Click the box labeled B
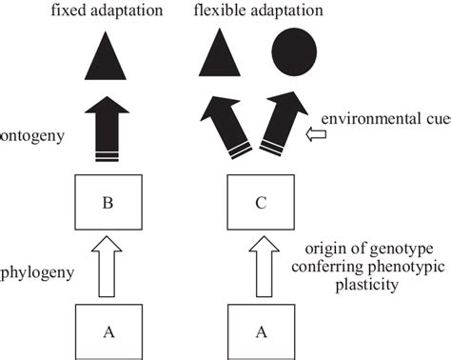(108, 201)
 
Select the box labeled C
(262, 201)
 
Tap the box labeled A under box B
(108, 330)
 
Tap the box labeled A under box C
(262, 330)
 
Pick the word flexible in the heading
(217, 11)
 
